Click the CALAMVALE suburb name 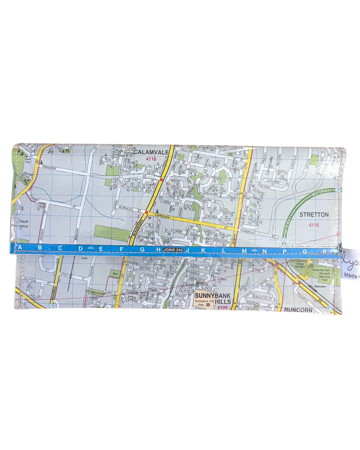151,152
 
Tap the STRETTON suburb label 314,215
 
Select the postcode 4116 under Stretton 314,225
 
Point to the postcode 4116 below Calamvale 151,159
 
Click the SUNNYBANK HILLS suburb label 213,298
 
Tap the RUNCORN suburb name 298,310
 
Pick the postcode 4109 222,308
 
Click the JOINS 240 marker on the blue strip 173,250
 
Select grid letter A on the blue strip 20,247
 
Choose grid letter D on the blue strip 81,249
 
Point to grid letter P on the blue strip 284,251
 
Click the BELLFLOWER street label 173,231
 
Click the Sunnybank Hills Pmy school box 203,303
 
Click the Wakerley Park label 321,270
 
